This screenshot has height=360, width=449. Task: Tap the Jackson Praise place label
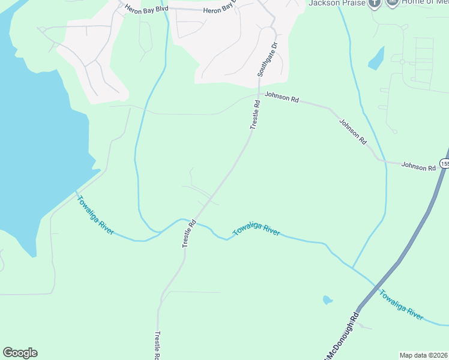pyautogui.click(x=336, y=3)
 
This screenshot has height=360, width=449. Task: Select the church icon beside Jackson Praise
pyautogui.click(x=375, y=3)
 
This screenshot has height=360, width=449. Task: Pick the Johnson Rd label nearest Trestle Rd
pyautogui.click(x=282, y=97)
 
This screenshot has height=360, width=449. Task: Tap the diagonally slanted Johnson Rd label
pyautogui.click(x=352, y=132)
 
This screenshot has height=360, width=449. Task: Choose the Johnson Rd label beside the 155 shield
pyautogui.click(x=418, y=167)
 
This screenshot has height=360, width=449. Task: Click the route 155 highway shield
pyautogui.click(x=444, y=163)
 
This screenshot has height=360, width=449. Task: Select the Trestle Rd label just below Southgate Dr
pyautogui.click(x=255, y=115)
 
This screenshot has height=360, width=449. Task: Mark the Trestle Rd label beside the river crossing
pyautogui.click(x=189, y=233)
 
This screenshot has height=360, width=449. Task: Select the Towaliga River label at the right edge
pyautogui.click(x=400, y=304)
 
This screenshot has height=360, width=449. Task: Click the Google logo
pyautogui.click(x=20, y=353)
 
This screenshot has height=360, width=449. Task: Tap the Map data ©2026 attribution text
pyautogui.click(x=423, y=355)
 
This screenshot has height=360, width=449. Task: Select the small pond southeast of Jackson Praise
pyautogui.click(x=376, y=58)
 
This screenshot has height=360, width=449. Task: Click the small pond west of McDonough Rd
pyautogui.click(x=327, y=299)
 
